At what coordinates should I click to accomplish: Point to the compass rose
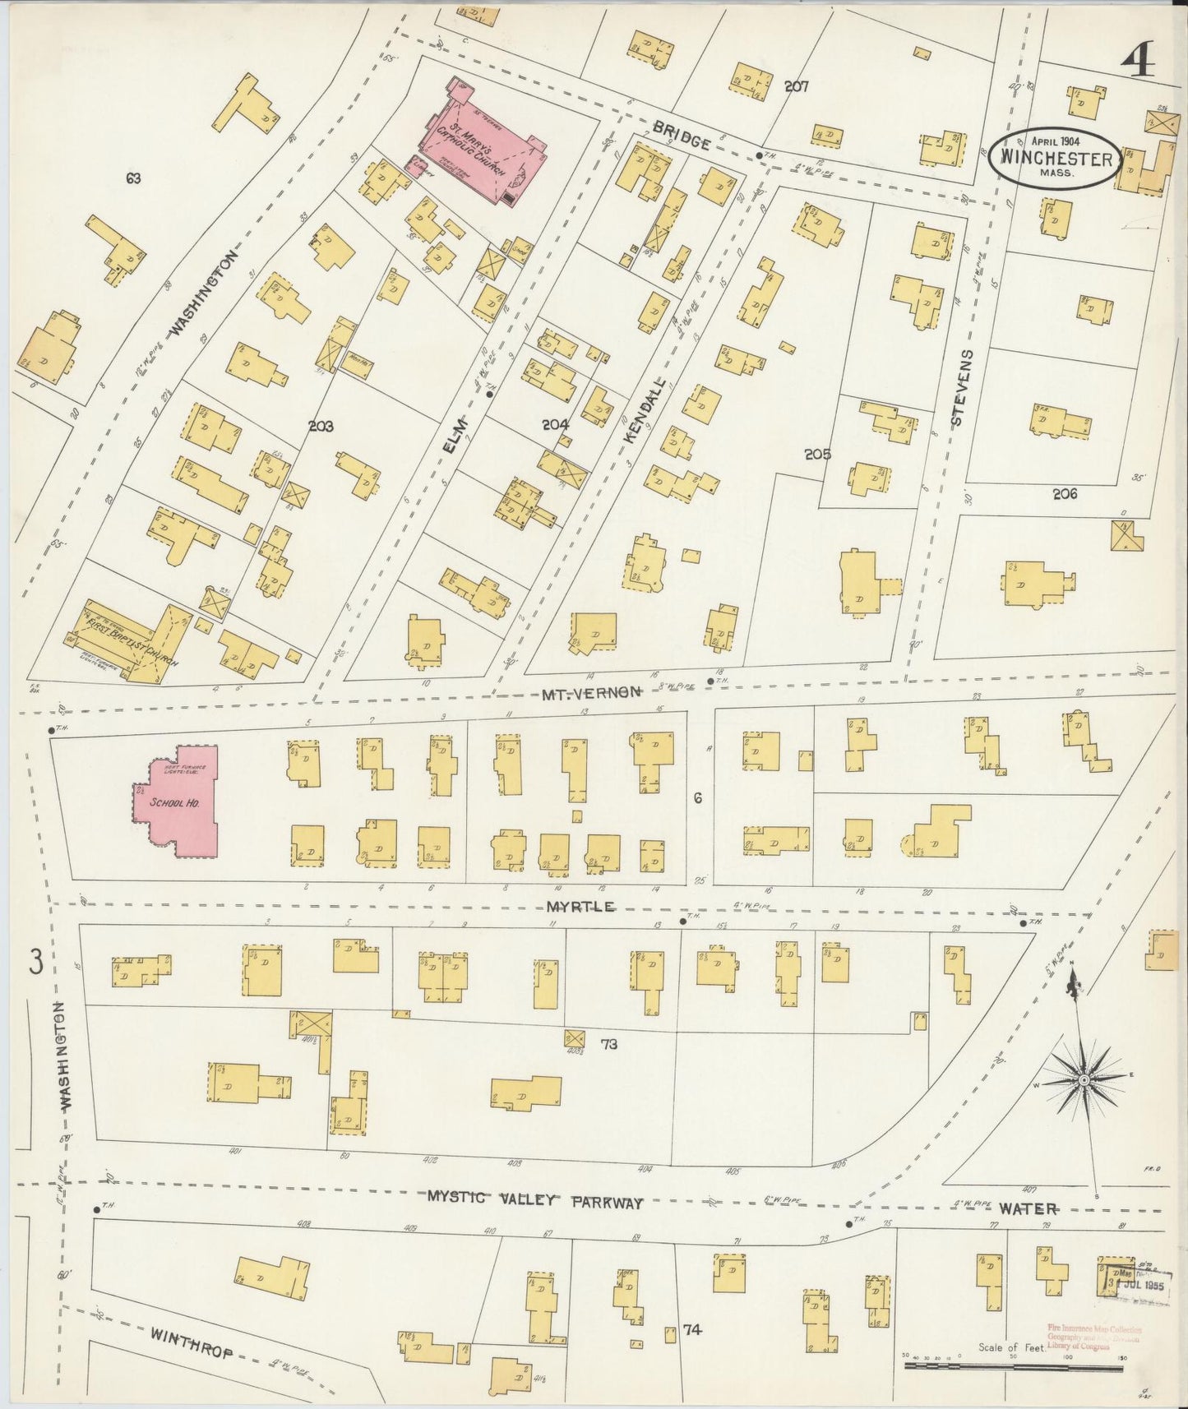pyautogui.click(x=1084, y=1079)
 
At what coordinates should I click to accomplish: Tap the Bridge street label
pyautogui.click(x=682, y=136)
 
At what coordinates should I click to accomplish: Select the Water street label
pyautogui.click(x=1028, y=1208)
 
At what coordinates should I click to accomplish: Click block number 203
pyautogui.click(x=321, y=426)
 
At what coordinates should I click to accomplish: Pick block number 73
pyautogui.click(x=609, y=1045)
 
